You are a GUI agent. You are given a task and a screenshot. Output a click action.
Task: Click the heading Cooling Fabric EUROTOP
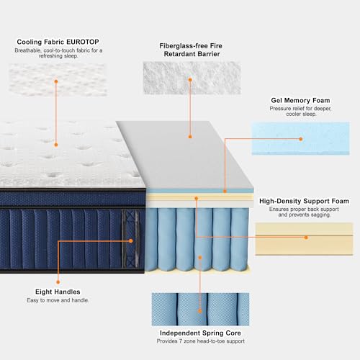(58, 42)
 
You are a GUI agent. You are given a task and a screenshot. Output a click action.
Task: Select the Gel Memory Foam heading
(300, 100)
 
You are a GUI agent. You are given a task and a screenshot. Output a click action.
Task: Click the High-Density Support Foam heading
(304, 201)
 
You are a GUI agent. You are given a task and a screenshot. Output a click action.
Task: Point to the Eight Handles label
(58, 292)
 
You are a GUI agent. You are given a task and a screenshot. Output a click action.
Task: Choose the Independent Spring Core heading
(200, 333)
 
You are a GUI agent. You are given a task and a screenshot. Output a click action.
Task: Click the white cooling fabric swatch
(58, 80)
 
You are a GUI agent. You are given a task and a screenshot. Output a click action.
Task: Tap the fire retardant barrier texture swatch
(192, 78)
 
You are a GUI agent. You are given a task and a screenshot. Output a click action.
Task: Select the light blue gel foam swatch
(300, 138)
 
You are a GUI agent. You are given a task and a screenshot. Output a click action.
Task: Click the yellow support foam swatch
(304, 239)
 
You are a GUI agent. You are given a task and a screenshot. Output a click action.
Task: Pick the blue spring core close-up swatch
(200, 310)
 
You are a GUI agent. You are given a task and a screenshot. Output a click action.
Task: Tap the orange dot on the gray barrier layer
(190, 137)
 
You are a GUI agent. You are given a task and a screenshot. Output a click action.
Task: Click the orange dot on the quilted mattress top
(56, 145)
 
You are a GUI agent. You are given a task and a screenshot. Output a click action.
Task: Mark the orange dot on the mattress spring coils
(200, 258)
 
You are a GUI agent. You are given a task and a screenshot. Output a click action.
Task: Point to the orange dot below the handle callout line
(58, 282)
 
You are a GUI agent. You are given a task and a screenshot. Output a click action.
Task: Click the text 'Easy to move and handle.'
(58, 300)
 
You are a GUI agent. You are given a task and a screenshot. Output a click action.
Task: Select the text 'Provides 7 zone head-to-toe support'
(201, 341)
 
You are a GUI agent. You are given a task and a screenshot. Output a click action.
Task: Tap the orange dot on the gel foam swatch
(301, 139)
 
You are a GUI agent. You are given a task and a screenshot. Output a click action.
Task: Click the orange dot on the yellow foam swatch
(306, 238)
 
